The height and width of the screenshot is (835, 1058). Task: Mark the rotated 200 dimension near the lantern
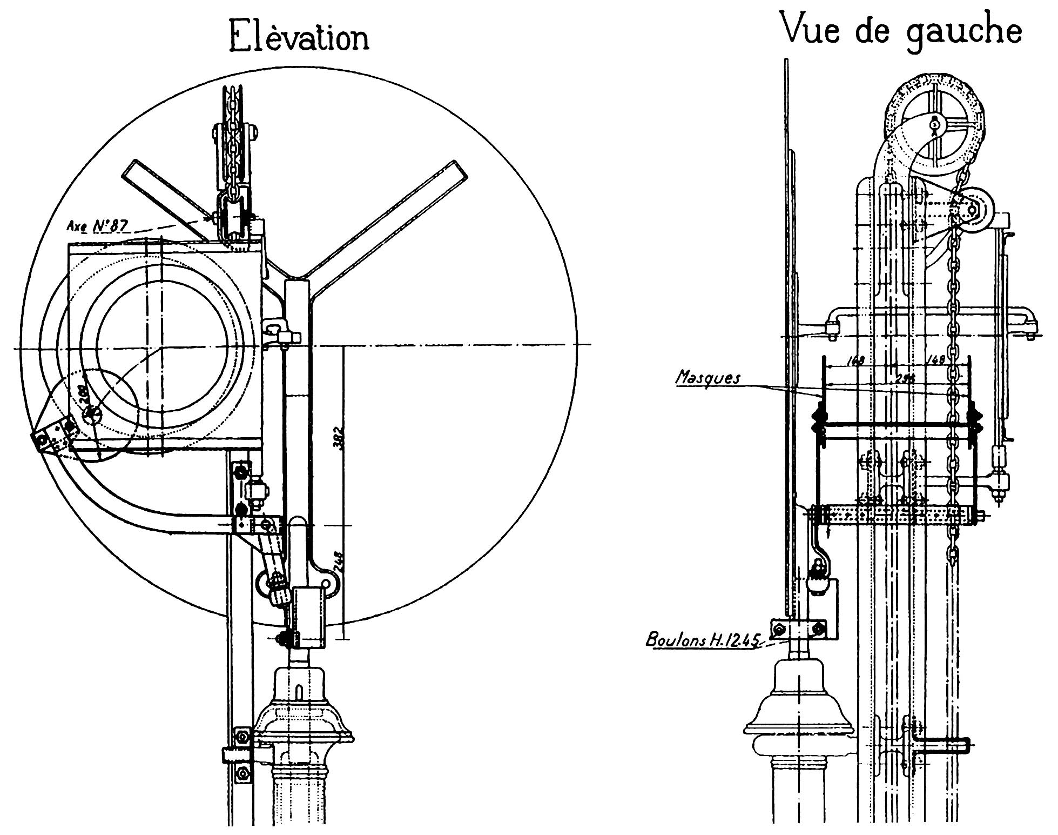tap(84, 396)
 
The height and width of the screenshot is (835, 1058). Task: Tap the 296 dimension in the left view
tap(901, 379)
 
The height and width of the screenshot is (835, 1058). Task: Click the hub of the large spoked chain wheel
tap(934, 125)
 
